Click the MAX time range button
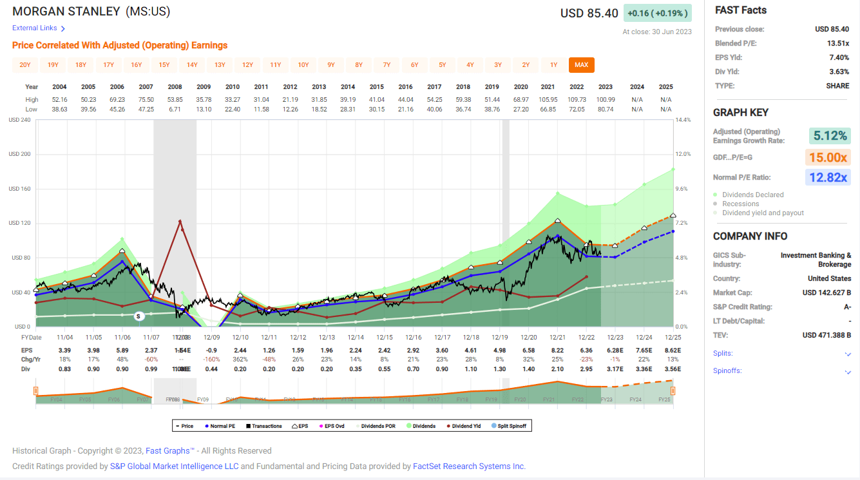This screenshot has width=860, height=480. [x=581, y=64]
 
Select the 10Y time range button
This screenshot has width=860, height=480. [x=303, y=64]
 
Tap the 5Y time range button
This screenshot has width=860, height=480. [x=443, y=64]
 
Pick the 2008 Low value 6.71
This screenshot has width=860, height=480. [x=175, y=109]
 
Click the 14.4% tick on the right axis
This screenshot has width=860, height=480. [x=683, y=120]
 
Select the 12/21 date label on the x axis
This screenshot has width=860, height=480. [x=557, y=337]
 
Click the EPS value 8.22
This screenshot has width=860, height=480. [x=557, y=349]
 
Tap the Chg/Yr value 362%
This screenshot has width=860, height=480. [x=241, y=359]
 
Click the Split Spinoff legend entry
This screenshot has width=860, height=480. [x=510, y=426]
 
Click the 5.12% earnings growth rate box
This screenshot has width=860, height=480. [x=829, y=136]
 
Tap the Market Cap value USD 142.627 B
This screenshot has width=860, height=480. [x=827, y=293]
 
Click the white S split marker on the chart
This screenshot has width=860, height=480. [x=139, y=316]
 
